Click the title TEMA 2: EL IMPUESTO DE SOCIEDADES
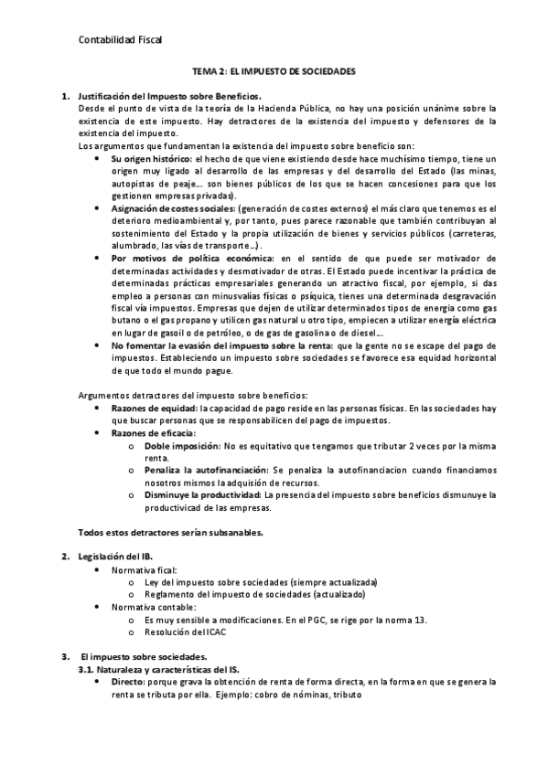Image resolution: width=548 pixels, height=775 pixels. [274, 69]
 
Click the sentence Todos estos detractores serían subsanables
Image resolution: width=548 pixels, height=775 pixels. [183, 532]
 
